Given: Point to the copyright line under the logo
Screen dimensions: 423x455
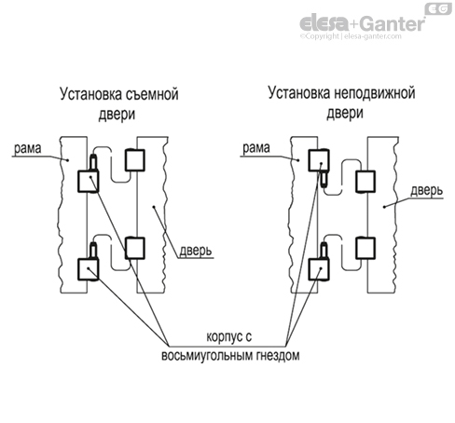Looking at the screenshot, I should pyautogui.click(x=363, y=38).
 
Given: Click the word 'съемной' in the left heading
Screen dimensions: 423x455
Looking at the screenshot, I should pyautogui.click(x=154, y=94).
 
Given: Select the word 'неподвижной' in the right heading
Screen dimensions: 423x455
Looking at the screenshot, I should pyautogui.click(x=375, y=94).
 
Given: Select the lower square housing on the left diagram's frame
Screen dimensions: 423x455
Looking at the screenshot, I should pyautogui.click(x=90, y=269).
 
